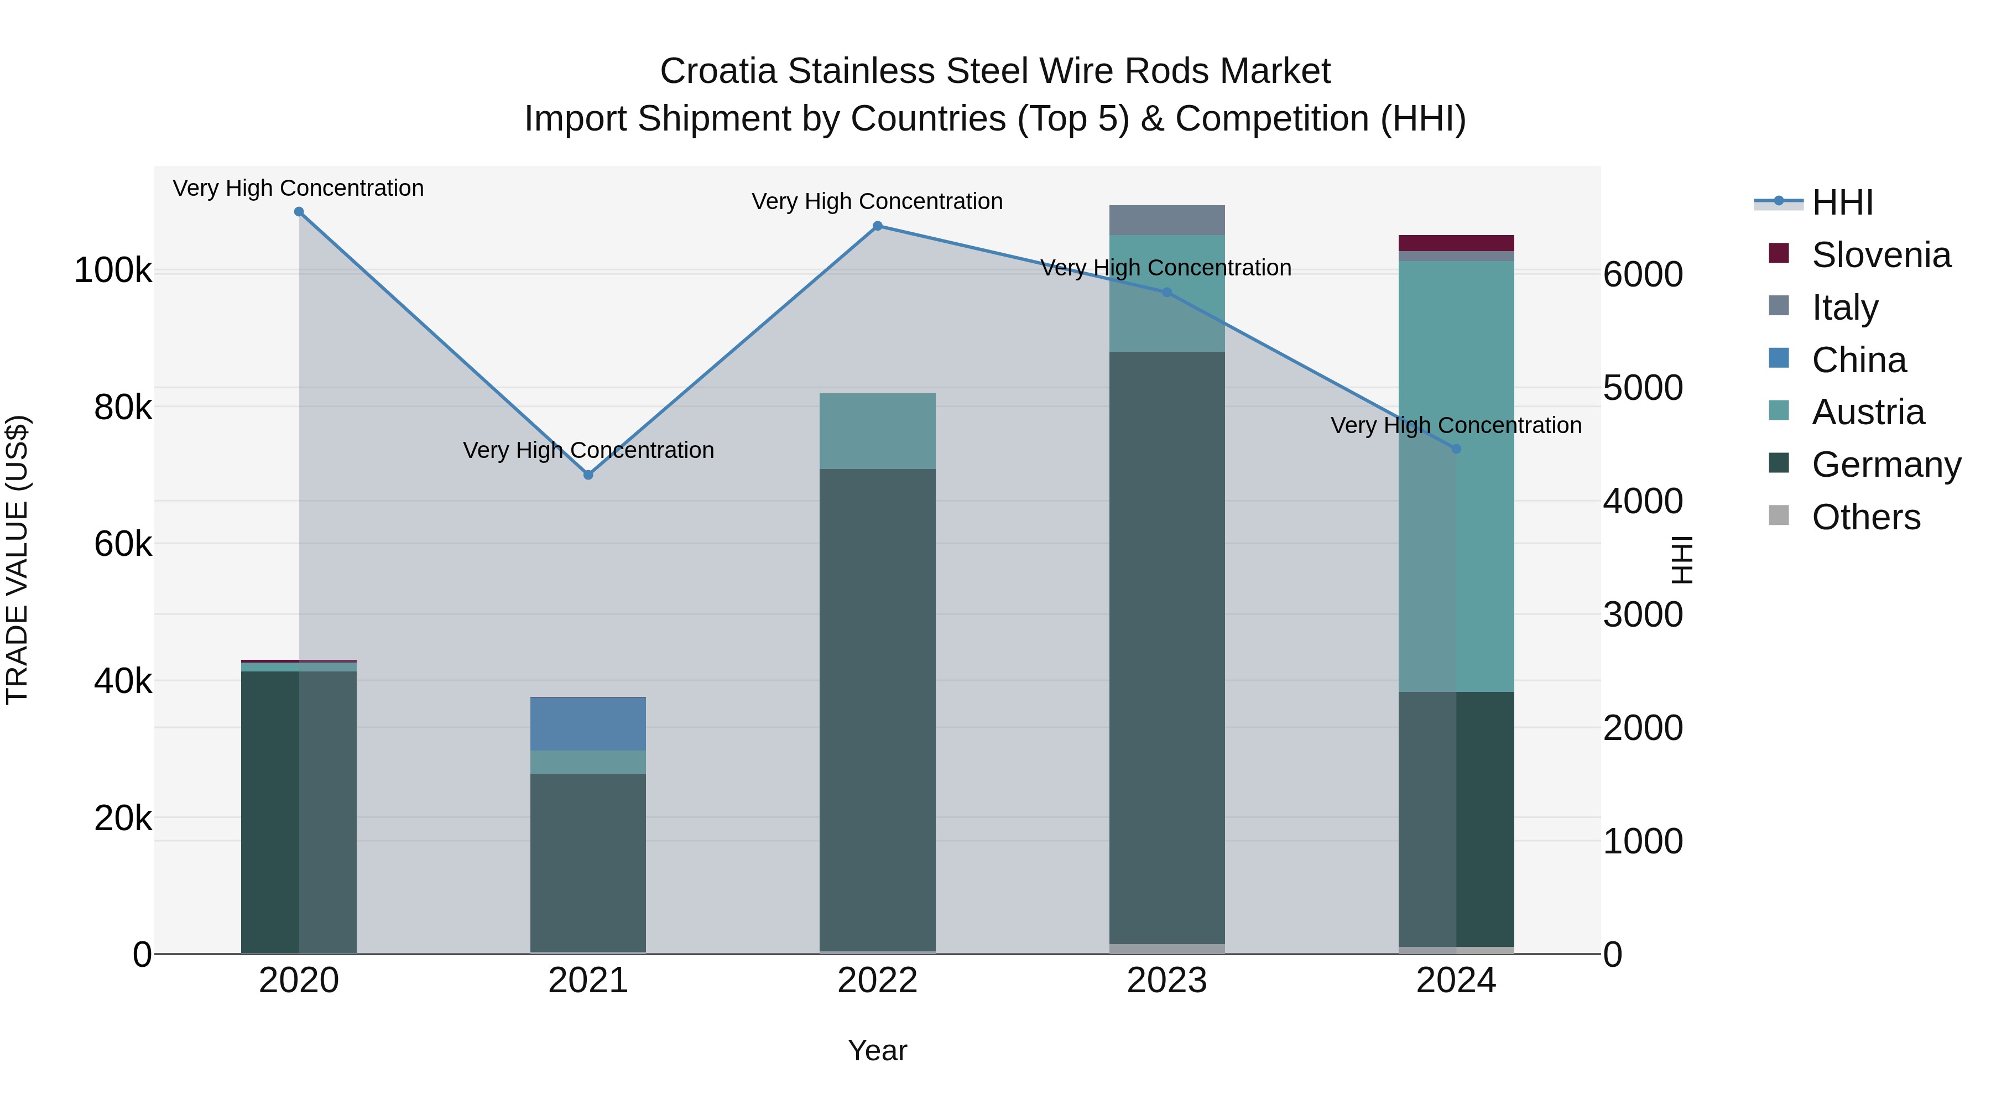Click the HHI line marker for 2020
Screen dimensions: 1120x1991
299,212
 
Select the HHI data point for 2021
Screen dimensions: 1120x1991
588,475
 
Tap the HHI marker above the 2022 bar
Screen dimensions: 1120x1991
877,226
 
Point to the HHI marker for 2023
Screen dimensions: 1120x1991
1167,292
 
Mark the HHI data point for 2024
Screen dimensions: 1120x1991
1456,449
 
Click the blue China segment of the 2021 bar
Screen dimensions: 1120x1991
588,723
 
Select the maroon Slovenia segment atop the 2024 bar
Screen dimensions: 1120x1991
1456,243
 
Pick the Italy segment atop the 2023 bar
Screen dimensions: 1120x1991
1167,220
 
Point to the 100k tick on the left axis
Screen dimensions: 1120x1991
113,272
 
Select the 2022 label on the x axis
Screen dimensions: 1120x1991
877,981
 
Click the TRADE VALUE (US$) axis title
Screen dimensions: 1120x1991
17,560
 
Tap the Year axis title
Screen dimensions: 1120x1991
877,1050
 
